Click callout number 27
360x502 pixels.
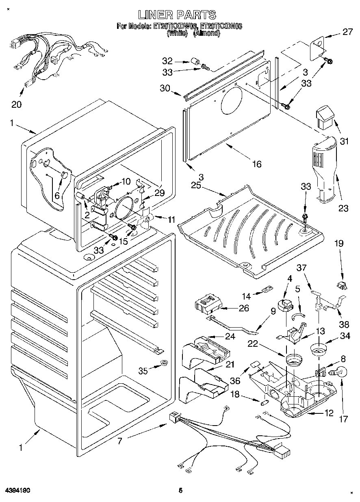pos(347,32)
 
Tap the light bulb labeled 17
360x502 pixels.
pos(340,371)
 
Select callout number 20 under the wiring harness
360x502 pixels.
pos(16,104)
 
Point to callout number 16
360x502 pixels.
pos(256,164)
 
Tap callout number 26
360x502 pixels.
pos(244,309)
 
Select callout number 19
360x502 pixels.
pos(339,243)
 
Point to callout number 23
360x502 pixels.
pos(343,209)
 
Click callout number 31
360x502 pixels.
pos(345,142)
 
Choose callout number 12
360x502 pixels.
pos(329,413)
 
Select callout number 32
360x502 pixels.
pos(167,61)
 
